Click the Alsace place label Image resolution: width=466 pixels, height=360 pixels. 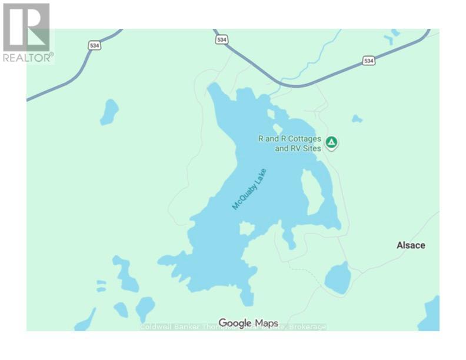pos(410,245)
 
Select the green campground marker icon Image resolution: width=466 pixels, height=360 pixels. pos(332,142)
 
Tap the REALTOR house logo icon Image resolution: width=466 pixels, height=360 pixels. pos(26,27)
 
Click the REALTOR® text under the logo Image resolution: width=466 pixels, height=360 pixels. pos(28,57)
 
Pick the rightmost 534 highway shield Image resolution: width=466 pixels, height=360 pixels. pos(369,61)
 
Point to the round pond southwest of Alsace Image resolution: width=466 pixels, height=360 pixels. pos(337,278)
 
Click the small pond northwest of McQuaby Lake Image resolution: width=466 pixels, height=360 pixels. pos(109,111)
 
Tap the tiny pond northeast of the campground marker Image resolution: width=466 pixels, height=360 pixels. pos(357,119)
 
